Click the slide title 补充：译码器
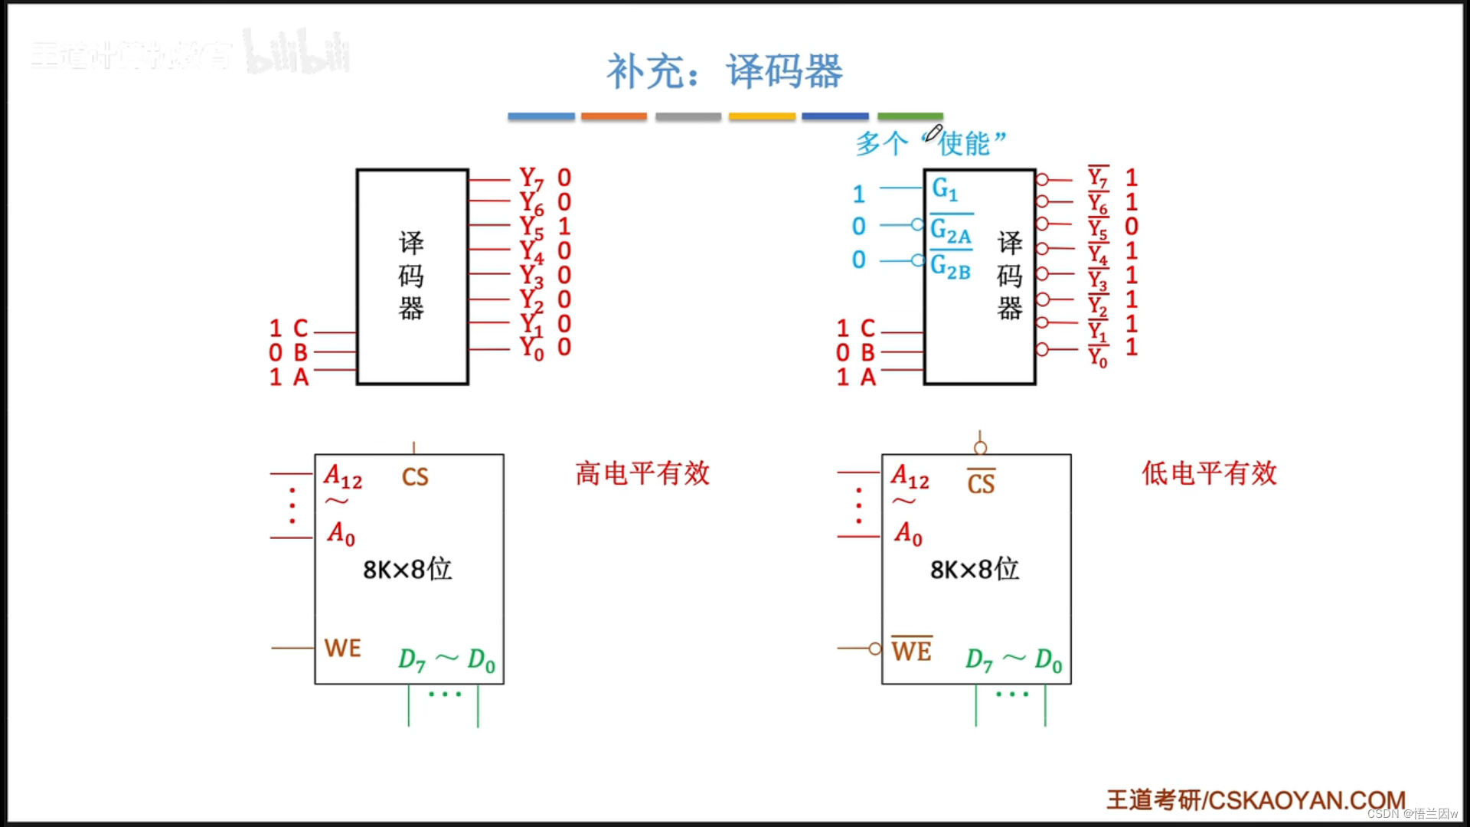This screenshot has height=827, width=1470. pyautogui.click(x=724, y=71)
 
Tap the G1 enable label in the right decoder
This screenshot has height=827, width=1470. pyautogui.click(x=945, y=189)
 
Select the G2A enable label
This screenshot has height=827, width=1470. pyautogui.click(x=950, y=230)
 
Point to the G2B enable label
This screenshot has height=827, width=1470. pyautogui.click(x=950, y=267)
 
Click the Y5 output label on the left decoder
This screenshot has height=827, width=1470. pyautogui.click(x=531, y=227)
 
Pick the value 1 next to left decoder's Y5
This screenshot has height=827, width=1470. pyautogui.click(x=564, y=227)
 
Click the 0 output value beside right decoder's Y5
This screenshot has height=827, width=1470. pyautogui.click(x=1132, y=227)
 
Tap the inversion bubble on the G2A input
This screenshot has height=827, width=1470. pyautogui.click(x=917, y=224)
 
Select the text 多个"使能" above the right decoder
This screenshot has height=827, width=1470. pyautogui.click(x=931, y=143)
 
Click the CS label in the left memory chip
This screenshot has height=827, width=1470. pyautogui.click(x=415, y=477)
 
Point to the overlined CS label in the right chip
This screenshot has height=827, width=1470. pyautogui.click(x=981, y=483)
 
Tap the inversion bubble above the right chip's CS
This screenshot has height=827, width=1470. pyautogui.click(x=980, y=447)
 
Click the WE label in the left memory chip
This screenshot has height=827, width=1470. pyautogui.click(x=342, y=649)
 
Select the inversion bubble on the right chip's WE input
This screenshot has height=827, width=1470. pyautogui.click(x=875, y=649)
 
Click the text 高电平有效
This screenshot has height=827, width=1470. pyautogui.click(x=642, y=473)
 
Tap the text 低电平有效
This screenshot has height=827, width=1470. pyautogui.click(x=1209, y=473)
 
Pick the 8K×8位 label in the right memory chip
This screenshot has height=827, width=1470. pyautogui.click(x=974, y=569)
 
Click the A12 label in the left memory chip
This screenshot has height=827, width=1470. pyautogui.click(x=342, y=478)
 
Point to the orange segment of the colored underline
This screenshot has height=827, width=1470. pyautogui.click(x=613, y=116)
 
